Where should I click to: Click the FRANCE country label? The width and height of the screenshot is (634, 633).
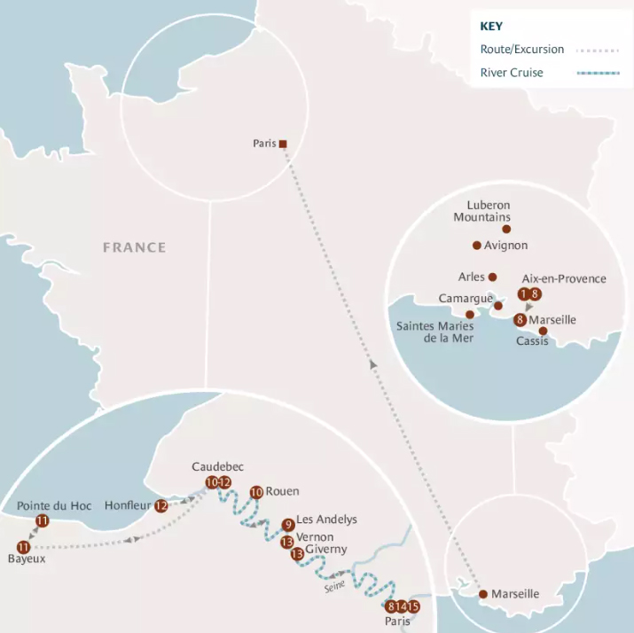[x=134, y=247]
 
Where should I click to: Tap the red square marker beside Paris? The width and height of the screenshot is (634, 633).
[x=283, y=144]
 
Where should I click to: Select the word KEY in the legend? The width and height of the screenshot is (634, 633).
[x=491, y=27]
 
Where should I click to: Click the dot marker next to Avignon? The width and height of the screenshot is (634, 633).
[x=477, y=246]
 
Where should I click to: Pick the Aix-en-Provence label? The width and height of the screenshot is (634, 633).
[x=564, y=278]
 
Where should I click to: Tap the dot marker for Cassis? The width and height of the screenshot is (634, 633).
[x=543, y=332]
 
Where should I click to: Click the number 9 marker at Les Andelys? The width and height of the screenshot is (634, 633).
[x=287, y=525]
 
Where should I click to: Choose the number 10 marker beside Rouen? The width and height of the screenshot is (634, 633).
[x=256, y=492]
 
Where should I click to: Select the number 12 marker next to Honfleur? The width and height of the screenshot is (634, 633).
[x=160, y=505]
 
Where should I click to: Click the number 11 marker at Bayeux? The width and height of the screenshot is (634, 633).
[x=23, y=547]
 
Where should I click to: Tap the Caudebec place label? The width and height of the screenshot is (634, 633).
[x=217, y=466]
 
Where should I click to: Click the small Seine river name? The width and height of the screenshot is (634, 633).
[x=334, y=585]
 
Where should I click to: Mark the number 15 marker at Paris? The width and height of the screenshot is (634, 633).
[x=413, y=606]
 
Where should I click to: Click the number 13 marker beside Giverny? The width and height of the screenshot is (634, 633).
[x=297, y=554]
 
